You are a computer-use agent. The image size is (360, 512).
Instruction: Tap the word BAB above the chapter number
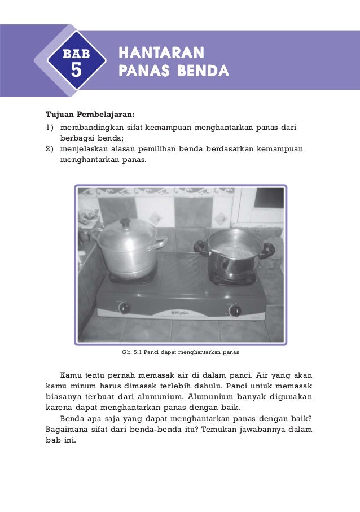point(76,54)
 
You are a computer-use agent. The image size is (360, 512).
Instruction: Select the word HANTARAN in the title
point(161,54)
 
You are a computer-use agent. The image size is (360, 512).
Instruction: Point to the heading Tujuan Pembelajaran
point(86,112)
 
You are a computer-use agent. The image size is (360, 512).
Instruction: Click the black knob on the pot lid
point(125,223)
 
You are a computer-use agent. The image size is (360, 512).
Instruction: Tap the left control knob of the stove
point(125,308)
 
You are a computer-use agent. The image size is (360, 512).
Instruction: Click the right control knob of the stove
point(235,310)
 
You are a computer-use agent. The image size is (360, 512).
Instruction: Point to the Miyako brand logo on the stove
point(180,312)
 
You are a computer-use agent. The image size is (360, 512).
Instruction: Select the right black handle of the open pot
point(267,250)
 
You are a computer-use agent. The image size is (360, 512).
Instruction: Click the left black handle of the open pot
point(200,246)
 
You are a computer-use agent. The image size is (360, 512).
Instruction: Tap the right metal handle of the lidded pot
point(160,243)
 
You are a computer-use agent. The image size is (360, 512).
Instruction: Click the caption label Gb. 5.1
point(131,352)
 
